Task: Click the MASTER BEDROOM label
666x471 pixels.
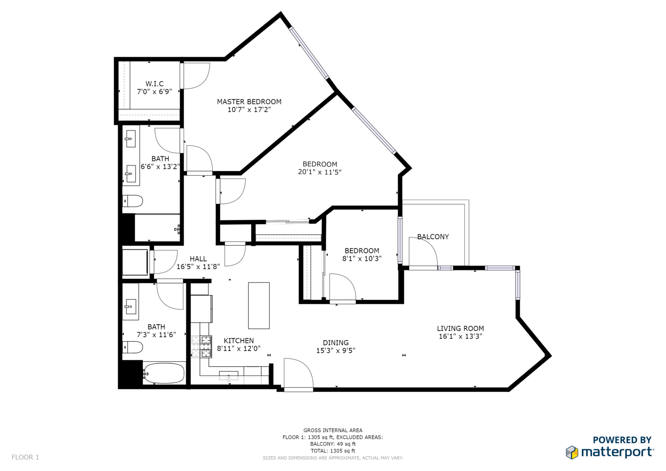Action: point(249,102)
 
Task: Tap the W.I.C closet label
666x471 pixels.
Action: point(154,84)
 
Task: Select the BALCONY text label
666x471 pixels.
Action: point(433,237)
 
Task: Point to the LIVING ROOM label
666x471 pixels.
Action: point(460,328)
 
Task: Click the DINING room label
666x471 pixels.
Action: point(336,342)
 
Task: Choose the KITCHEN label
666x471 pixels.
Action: point(239,341)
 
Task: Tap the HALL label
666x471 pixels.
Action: point(198,259)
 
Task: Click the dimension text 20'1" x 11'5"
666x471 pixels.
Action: point(320,172)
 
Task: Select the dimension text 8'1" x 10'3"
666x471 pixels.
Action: point(362,259)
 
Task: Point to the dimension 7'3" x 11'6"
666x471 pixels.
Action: point(156,335)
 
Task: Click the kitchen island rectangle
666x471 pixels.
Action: point(259,305)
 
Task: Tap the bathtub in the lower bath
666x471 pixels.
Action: point(164,373)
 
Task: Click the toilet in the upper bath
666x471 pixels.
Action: point(133,201)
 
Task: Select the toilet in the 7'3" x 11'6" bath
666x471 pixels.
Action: point(133,347)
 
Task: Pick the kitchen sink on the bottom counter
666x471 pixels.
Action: point(229,375)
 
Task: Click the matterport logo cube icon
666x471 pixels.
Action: point(572,453)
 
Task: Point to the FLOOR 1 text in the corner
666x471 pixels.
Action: point(25,457)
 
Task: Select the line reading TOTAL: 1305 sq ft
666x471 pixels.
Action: point(333,451)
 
